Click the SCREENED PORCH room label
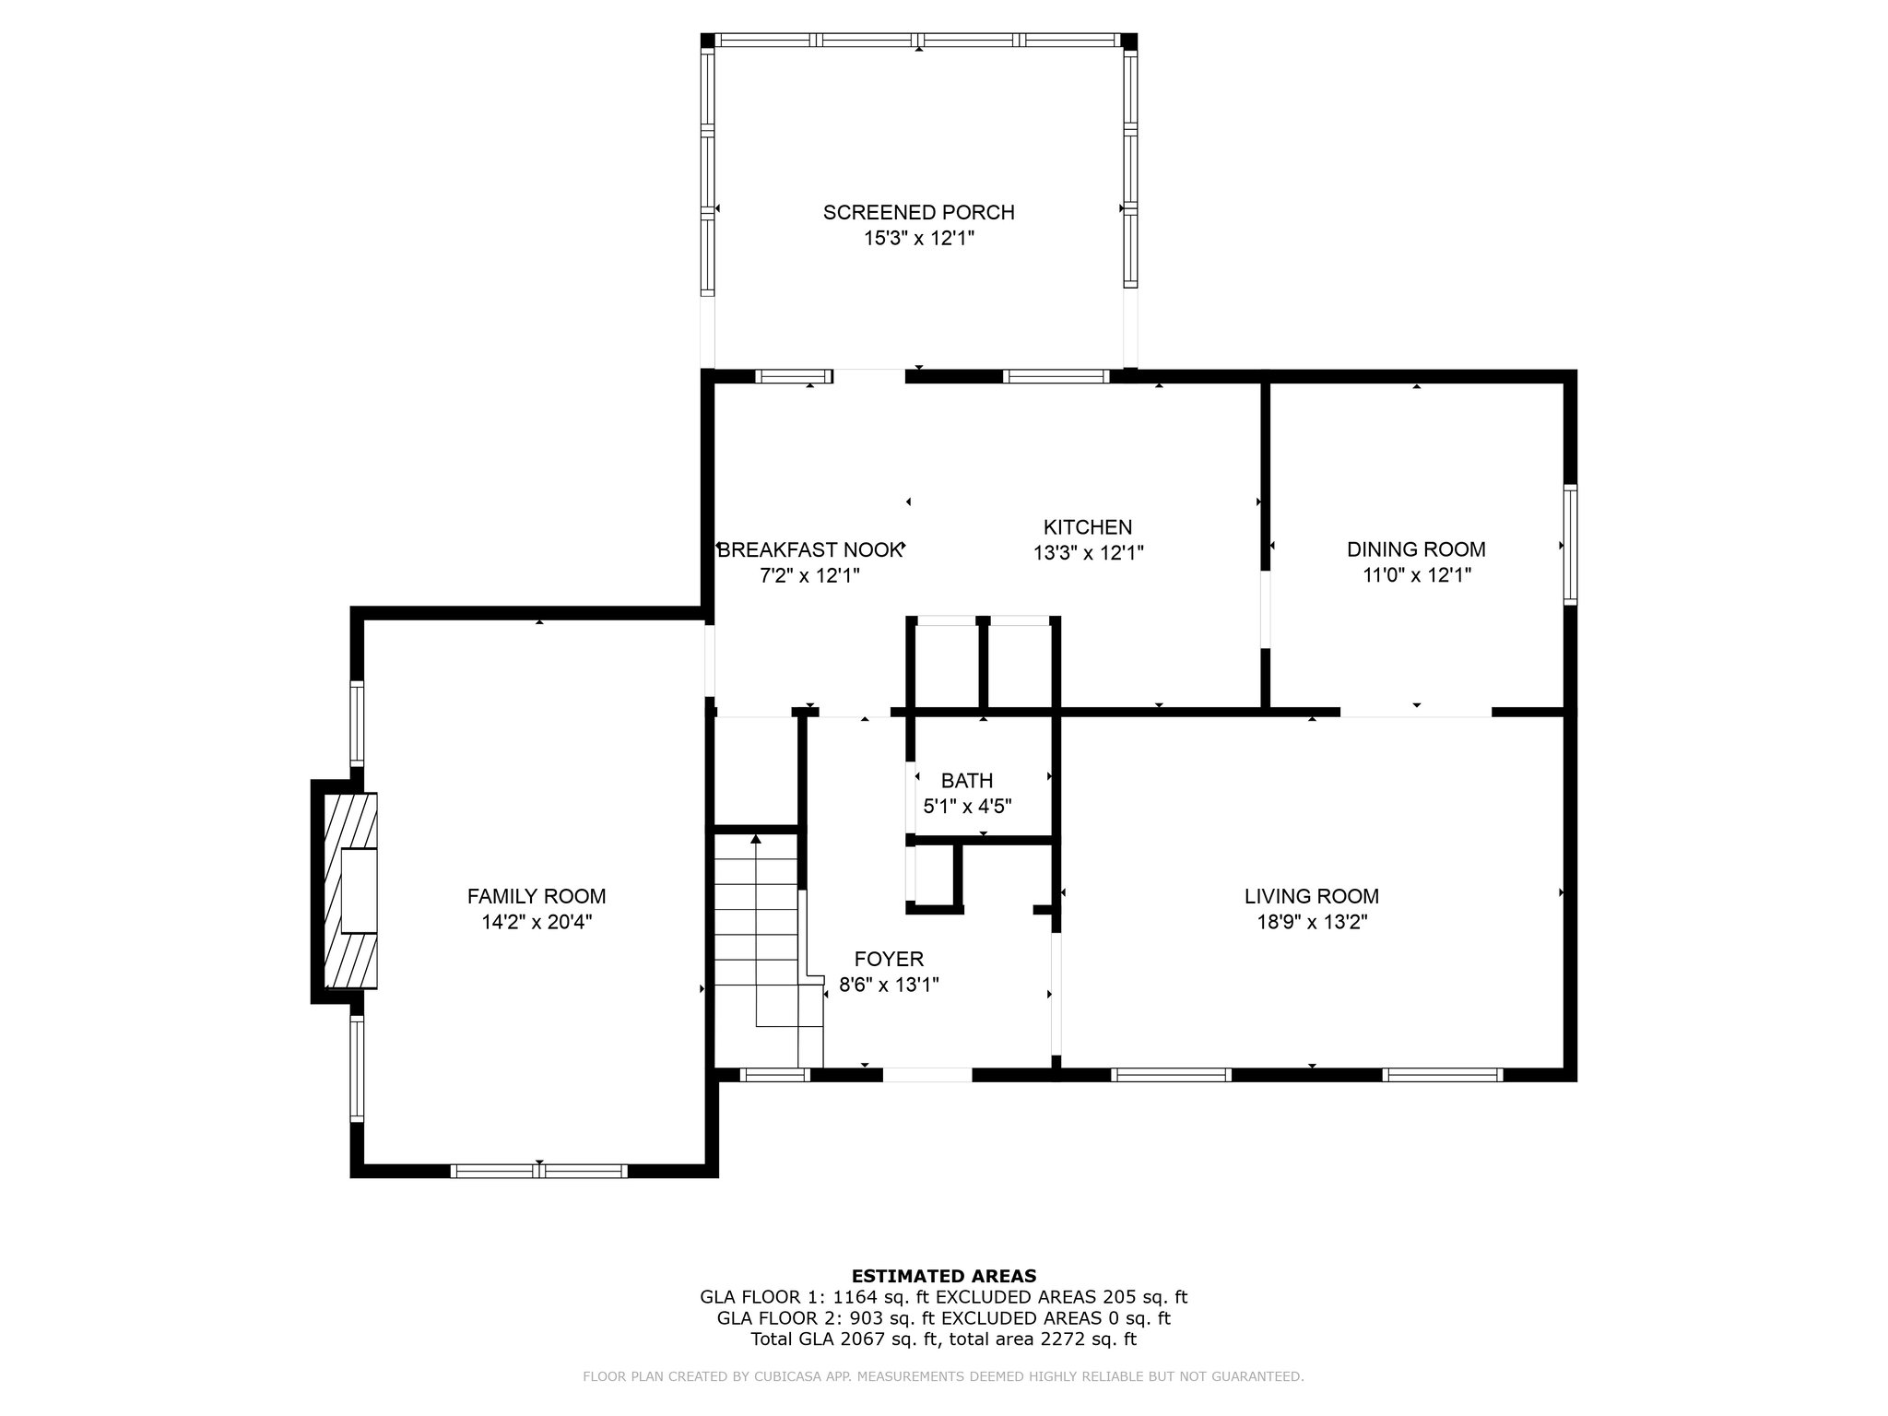[x=918, y=212]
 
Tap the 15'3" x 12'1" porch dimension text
[x=918, y=239]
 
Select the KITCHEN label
[x=1088, y=527]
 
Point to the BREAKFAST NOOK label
[x=809, y=550]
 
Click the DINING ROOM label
[x=1416, y=549]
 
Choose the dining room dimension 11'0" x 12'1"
[x=1416, y=576]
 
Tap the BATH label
[x=967, y=782]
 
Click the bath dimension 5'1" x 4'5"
[x=967, y=807]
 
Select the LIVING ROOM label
[x=1312, y=896]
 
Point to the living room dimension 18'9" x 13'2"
[x=1312, y=922]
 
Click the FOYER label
[x=889, y=960]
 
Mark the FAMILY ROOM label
[x=537, y=896]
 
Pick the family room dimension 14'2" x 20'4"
[x=537, y=922]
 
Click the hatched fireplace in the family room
[x=349, y=891]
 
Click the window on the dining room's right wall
[x=1570, y=545]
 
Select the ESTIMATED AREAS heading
[x=943, y=1277]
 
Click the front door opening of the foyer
[x=927, y=1074]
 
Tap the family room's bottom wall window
[x=539, y=1171]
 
